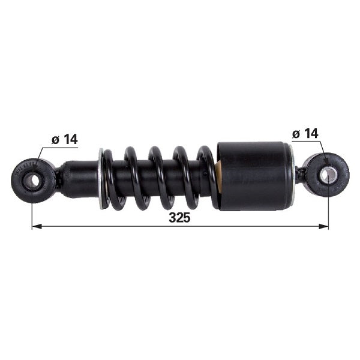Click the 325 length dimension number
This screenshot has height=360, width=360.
pos(179,217)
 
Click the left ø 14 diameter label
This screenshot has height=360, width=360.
pos(65,139)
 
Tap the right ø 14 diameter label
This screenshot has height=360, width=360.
pos(305,133)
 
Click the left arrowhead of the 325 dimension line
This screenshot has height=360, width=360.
pos(37,227)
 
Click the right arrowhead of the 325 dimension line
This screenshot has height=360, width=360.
pos(323,227)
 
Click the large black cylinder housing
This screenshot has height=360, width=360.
pos(254,176)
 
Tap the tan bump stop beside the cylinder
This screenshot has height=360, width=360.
pos(220,177)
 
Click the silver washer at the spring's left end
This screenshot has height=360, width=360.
pos(101,179)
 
